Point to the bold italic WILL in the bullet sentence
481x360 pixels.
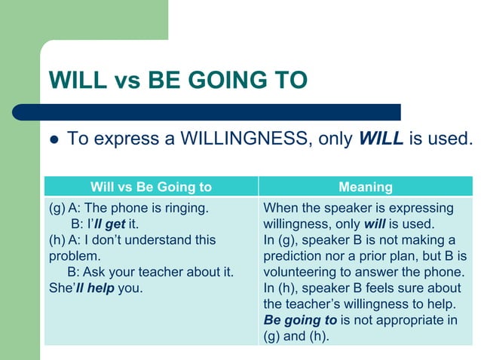click(381, 139)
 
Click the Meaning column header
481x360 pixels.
click(365, 187)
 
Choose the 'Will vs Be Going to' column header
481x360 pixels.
click(151, 187)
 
